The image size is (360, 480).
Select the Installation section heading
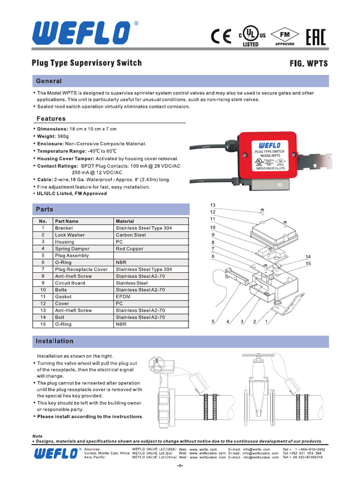54,341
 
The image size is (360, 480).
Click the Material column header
125,221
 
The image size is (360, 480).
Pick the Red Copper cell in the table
129,249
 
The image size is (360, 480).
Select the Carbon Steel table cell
131,235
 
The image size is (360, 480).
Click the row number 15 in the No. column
43,324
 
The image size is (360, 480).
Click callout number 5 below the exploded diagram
213,322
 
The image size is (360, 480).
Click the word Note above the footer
37,436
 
